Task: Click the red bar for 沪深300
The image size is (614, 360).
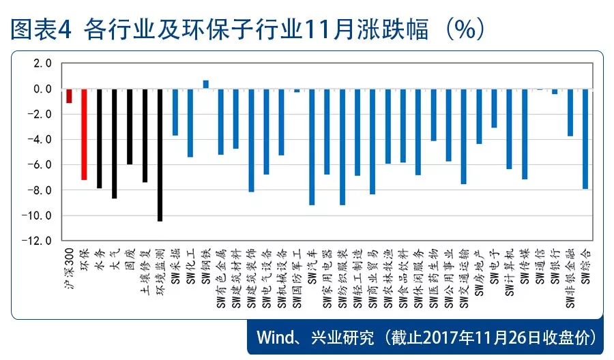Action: click(x=69, y=96)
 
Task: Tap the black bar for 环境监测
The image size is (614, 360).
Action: click(x=160, y=155)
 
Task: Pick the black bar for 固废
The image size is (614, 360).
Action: click(x=130, y=127)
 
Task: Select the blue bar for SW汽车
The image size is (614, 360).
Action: click(x=312, y=147)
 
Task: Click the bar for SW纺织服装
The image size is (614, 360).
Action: click(x=342, y=147)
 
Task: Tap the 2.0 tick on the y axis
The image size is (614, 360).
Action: click(x=43, y=63)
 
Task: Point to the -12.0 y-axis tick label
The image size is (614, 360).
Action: click(x=40, y=241)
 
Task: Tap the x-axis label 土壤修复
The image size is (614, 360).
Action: click(x=144, y=269)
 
